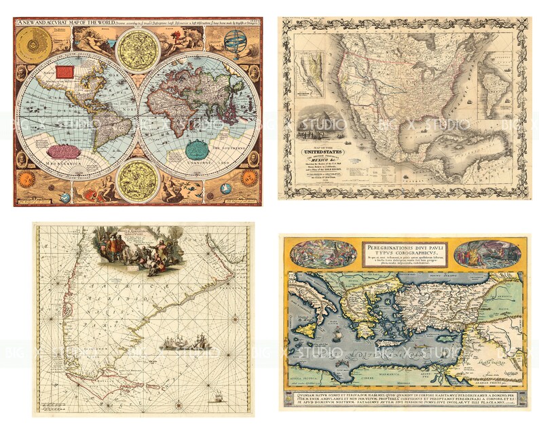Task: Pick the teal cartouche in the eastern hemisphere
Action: [x=197, y=148]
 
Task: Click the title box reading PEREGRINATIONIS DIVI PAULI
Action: [x=405, y=253]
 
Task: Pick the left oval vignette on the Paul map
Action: [x=323, y=254]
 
